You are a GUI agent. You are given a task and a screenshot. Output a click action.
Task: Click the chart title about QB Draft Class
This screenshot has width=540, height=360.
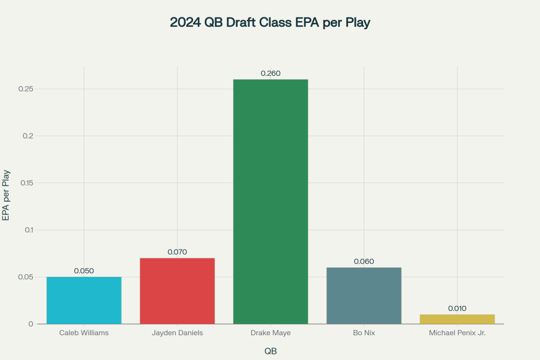[270, 23]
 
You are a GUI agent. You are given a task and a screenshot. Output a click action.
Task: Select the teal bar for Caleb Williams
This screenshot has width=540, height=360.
[84, 300]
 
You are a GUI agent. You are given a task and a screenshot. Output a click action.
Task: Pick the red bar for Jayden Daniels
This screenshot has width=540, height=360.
[177, 291]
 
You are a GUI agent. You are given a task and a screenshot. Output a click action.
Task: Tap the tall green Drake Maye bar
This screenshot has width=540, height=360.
[271, 202]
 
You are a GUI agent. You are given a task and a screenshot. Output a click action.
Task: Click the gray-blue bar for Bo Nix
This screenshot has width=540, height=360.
[364, 295]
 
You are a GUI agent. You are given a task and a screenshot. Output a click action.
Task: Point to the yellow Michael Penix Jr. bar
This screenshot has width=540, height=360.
[457, 319]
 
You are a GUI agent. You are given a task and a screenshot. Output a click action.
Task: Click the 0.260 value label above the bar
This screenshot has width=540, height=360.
[271, 73]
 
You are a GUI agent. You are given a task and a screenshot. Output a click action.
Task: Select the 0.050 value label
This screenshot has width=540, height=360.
[84, 271]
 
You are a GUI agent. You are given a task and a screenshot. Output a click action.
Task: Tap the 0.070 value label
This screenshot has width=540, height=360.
[177, 252]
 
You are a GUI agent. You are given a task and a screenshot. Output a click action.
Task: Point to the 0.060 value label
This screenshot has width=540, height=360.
[364, 261]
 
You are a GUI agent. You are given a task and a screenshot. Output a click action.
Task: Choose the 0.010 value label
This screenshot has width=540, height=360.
[457, 308]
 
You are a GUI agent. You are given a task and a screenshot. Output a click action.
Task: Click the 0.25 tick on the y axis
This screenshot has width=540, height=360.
[26, 89]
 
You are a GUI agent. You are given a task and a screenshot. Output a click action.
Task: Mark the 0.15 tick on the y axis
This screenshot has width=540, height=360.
[26, 183]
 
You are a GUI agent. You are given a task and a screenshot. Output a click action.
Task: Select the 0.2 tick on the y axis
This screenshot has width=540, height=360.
[29, 136]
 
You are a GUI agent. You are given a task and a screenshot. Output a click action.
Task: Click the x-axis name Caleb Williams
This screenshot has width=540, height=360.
[84, 333]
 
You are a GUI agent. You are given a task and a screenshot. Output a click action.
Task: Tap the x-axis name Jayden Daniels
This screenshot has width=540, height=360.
[177, 333]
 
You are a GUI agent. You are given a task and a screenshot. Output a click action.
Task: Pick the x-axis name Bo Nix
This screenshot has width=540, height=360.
[364, 333]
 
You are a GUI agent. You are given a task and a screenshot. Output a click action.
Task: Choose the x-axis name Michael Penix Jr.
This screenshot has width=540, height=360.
[457, 333]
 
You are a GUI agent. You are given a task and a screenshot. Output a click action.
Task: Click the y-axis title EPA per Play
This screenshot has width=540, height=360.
[6, 196]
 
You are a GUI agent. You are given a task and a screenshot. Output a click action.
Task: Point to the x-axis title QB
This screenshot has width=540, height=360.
[271, 351]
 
